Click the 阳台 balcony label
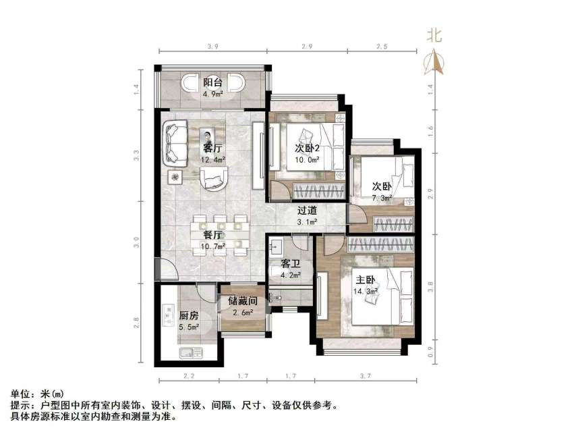213,82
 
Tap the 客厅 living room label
213,148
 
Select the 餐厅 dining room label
213,235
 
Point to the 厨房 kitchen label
188,315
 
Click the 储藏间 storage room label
241,301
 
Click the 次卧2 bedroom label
307,148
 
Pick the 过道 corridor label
307,210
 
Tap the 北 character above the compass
435,36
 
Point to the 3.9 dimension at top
213,46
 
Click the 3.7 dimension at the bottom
367,375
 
